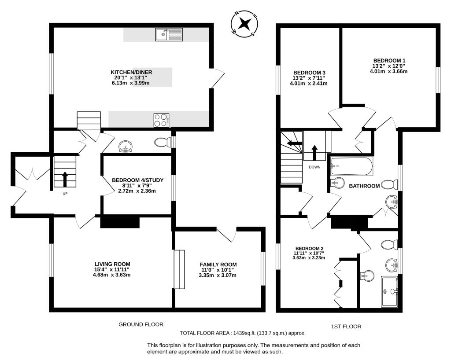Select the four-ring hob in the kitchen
(162, 120)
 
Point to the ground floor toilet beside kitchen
(163, 143)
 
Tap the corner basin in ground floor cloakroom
(126, 146)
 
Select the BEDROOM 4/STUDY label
(138, 180)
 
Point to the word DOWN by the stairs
(314, 167)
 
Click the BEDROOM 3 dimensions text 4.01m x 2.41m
(308, 84)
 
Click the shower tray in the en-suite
(391, 291)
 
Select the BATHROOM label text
(364, 186)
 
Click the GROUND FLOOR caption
(141, 324)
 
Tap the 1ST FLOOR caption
(346, 327)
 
